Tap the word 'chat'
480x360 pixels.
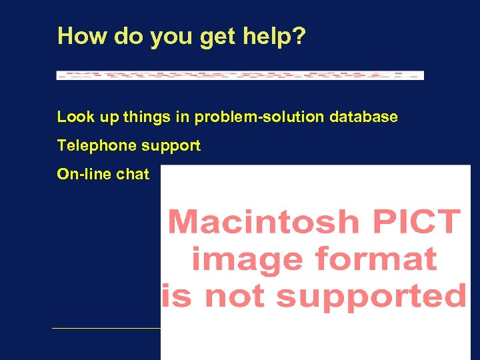click(133, 174)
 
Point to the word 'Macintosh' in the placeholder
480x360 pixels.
click(264, 221)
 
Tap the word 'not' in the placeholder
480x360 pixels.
click(237, 296)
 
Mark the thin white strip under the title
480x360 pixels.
click(240, 75)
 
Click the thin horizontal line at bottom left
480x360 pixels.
click(106, 328)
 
